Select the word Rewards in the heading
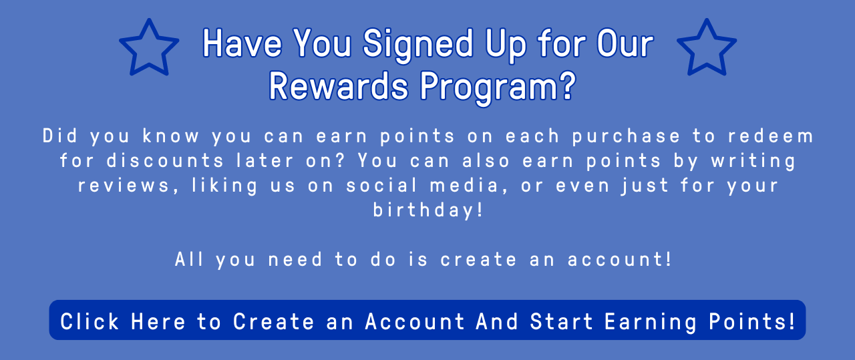coord(339,86)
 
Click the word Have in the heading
coord(242,43)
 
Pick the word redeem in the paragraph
coord(771,136)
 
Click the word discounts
coord(165,161)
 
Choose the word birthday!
coord(427,211)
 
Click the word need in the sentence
coord(295,260)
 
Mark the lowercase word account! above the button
coord(619,260)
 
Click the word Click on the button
coord(90,321)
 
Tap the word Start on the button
coord(561,321)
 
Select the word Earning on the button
coord(651,323)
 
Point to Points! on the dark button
coord(752,321)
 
